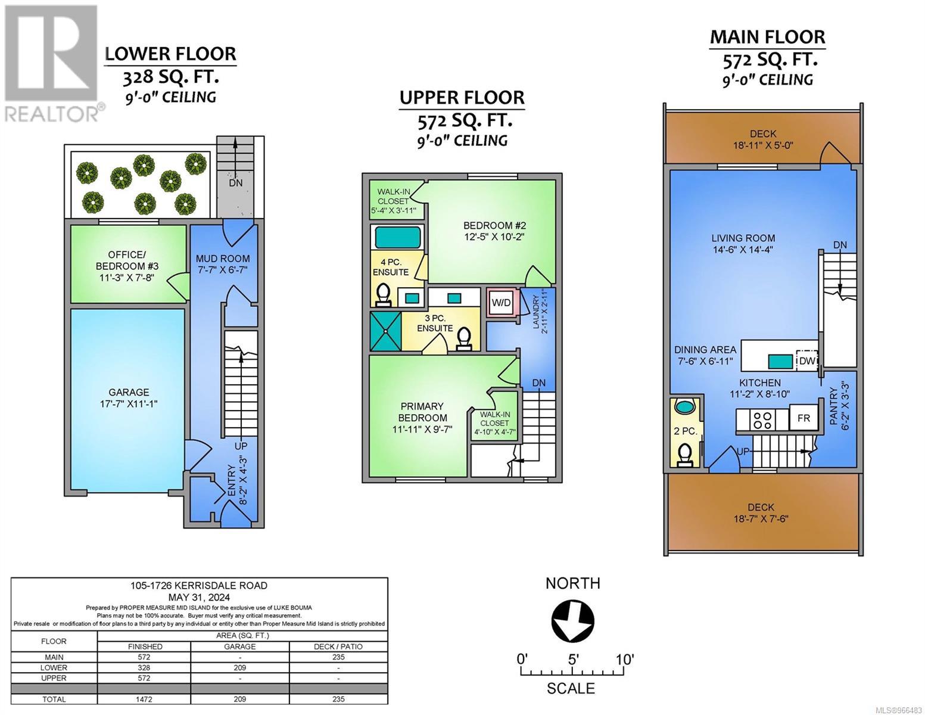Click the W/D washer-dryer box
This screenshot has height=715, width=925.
coord(501,303)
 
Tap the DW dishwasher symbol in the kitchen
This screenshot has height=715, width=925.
coord(806,361)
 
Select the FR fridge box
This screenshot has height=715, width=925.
coord(803,418)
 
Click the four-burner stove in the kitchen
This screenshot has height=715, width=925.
coord(762,419)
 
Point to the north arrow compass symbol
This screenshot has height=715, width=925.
coord(572,621)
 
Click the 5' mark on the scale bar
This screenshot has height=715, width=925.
coord(573,660)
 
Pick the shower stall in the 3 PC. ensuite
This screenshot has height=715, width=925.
coord(386,331)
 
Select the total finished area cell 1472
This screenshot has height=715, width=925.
coord(144,699)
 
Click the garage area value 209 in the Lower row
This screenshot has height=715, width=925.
coord(239,667)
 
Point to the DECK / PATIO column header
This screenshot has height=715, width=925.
coord(338,646)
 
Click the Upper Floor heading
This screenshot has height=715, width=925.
coord(462,98)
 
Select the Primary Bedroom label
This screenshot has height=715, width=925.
coord(422,412)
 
